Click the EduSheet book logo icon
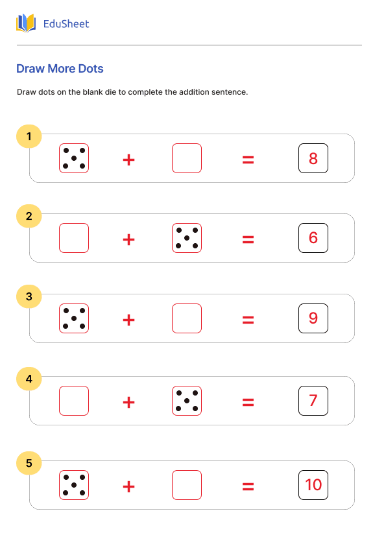(26, 23)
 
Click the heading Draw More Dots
(60, 69)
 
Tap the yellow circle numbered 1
(29, 136)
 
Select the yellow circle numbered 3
(29, 297)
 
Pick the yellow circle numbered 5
(29, 463)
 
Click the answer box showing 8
(313, 158)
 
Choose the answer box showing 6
(313, 238)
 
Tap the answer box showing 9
(313, 318)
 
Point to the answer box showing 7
(313, 401)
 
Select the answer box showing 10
(313, 485)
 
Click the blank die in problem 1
(187, 158)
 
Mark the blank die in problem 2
(74, 238)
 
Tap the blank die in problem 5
(187, 485)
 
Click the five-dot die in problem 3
(74, 318)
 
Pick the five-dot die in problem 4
(187, 401)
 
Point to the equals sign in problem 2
(248, 239)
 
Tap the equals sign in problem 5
(248, 486)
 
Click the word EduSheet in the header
(66, 24)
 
